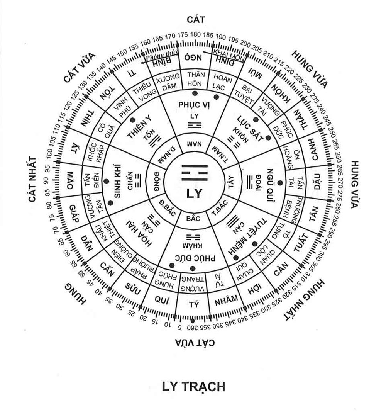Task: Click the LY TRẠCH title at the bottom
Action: pos(193,386)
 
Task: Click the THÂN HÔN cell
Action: pos(195,78)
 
